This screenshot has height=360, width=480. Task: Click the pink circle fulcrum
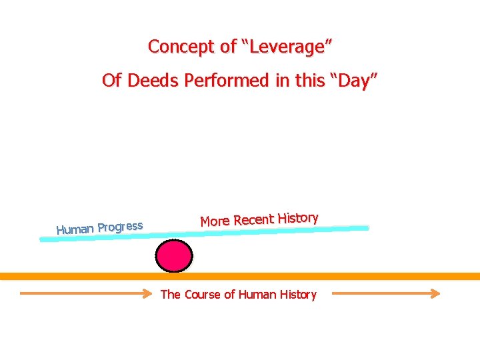pyautogui.click(x=174, y=256)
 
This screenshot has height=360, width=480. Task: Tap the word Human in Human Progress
pyautogui.click(x=75, y=229)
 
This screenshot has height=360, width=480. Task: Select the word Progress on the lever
pyautogui.click(x=120, y=226)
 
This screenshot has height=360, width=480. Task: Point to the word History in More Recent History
pyautogui.click(x=298, y=217)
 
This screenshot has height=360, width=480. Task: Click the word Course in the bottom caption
pyautogui.click(x=201, y=294)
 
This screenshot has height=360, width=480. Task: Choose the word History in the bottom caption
pyautogui.click(x=297, y=294)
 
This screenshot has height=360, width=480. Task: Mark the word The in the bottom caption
pyautogui.click(x=171, y=294)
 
